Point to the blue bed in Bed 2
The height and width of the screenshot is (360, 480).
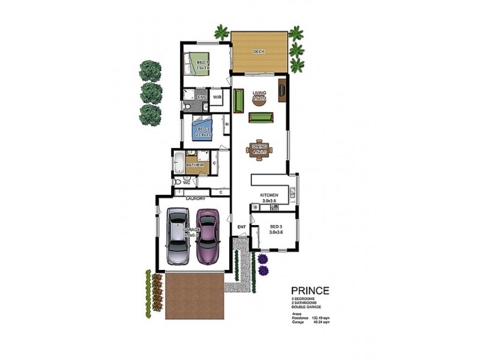click(x=202, y=130)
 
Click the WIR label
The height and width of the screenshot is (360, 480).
click(x=217, y=97)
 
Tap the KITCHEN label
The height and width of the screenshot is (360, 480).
click(x=269, y=196)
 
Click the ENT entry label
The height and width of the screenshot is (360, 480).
click(x=241, y=227)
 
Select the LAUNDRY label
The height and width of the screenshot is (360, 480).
click(x=196, y=199)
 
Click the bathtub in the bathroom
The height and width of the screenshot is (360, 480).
click(x=179, y=162)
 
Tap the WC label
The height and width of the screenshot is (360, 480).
click(x=187, y=182)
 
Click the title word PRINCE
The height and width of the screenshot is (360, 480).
click(x=310, y=292)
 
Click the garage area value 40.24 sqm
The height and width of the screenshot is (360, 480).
click(x=322, y=322)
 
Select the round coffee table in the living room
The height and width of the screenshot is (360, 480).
click(x=259, y=100)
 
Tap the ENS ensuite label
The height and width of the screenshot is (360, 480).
click(x=202, y=97)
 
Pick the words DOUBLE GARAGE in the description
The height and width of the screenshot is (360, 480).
click(x=307, y=307)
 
